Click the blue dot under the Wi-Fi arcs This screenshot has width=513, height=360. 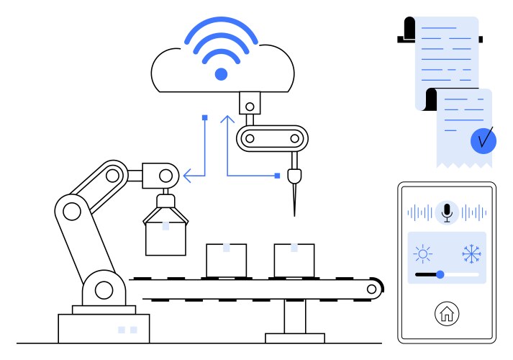point(221,73)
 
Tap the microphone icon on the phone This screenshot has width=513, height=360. point(447,212)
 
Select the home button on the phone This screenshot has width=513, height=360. point(447,314)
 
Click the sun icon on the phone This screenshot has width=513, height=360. point(422,253)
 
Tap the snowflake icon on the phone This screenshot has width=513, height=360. point(471,253)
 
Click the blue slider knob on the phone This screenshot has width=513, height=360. point(440,274)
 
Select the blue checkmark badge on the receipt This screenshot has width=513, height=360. point(484,139)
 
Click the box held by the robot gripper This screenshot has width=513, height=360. point(165,237)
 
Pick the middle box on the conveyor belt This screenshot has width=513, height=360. point(226,260)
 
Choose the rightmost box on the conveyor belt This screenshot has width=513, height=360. point(294,260)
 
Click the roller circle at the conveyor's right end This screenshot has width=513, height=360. point(371,289)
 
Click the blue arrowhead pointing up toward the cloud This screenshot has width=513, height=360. point(227,119)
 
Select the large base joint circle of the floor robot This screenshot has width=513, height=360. point(104,290)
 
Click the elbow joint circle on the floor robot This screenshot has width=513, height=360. point(72,211)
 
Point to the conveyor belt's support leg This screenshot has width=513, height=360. point(294,317)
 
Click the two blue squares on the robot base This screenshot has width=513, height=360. point(127,330)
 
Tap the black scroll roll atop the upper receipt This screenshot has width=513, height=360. point(409,30)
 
